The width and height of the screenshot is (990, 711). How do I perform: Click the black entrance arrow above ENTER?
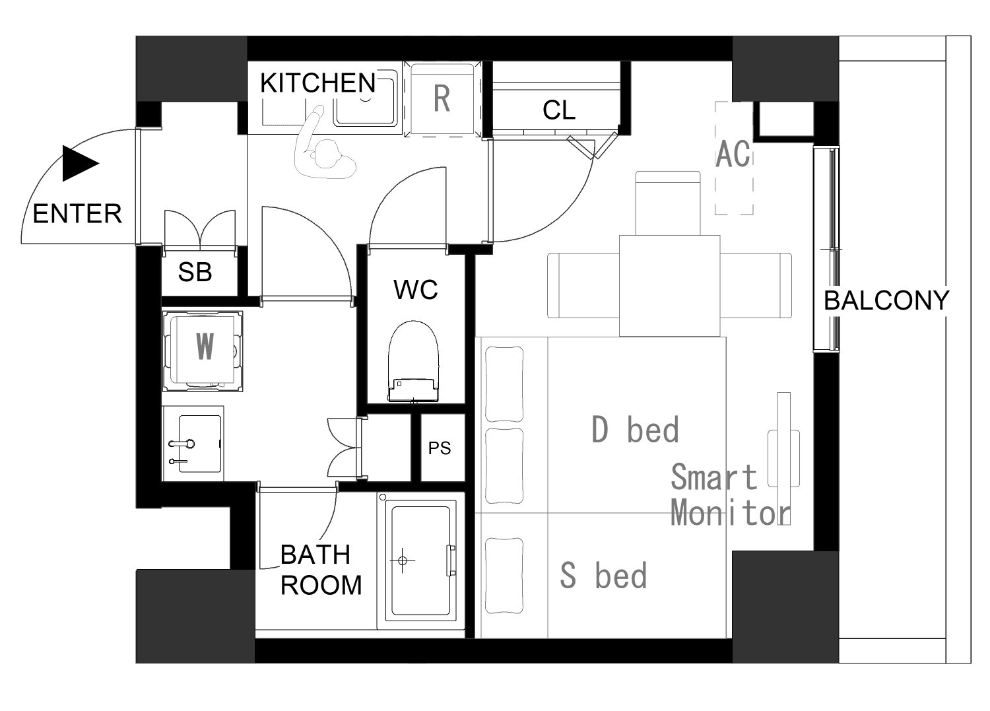[x=80, y=164]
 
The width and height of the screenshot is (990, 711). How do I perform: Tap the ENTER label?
[x=77, y=214]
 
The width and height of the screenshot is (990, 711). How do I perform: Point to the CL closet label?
[x=559, y=110]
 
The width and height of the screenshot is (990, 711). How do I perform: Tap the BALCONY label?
[x=886, y=300]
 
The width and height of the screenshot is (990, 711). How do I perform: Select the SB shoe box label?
[x=195, y=272]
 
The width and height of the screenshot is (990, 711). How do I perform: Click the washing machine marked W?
[x=203, y=351]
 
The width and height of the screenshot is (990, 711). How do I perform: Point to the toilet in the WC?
[x=413, y=362]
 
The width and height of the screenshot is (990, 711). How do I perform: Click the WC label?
[x=415, y=290]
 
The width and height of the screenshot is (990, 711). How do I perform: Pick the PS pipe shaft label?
[x=440, y=448]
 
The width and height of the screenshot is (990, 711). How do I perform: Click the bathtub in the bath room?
[x=420, y=560]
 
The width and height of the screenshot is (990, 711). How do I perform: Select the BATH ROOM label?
[x=321, y=570]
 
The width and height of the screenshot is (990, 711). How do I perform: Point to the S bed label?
[x=603, y=575]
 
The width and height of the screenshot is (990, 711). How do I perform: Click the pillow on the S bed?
[x=504, y=575]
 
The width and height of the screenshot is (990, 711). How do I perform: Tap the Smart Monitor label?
[x=731, y=494]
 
